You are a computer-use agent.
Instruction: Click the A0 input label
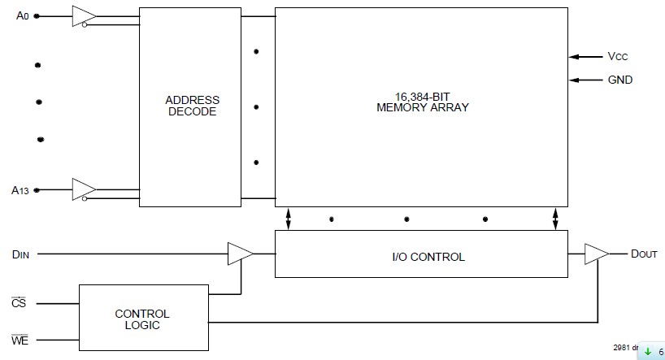[x=22, y=15]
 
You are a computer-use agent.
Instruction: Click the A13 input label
[x=20, y=190]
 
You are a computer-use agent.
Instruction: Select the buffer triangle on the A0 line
[x=83, y=16]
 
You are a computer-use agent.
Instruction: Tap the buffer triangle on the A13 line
[x=83, y=190]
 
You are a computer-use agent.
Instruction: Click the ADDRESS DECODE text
[x=192, y=106]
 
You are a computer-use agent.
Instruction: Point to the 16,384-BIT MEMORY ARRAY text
[x=422, y=101]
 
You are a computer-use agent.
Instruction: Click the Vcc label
[x=618, y=57]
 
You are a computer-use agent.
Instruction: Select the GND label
[x=619, y=80]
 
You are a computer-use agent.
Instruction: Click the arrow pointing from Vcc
[x=585, y=57]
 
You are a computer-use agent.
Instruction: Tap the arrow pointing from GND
[x=585, y=80]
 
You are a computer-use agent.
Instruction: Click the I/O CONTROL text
[x=423, y=257]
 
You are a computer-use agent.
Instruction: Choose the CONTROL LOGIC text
[x=142, y=319]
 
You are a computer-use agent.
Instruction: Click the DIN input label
[x=20, y=254]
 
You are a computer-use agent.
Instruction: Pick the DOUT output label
[x=644, y=254]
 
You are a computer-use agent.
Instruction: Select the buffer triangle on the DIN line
[x=240, y=254]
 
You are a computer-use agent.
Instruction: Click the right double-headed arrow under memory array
[x=555, y=219]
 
